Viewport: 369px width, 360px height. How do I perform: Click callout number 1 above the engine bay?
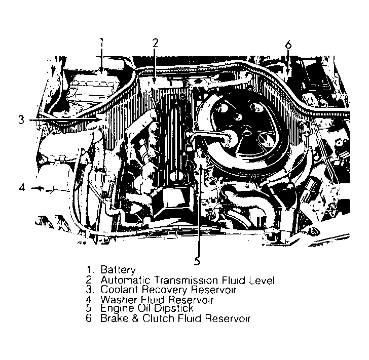[101, 43]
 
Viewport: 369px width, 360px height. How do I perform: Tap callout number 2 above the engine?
[156, 43]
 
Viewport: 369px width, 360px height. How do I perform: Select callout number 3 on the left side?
[21, 121]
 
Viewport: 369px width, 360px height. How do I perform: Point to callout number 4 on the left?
[21, 188]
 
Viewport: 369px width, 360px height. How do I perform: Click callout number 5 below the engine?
[197, 261]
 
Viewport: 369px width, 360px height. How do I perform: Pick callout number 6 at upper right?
[288, 44]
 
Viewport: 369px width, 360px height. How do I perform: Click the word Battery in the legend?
[118, 270]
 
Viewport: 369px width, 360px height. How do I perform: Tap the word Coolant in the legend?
[118, 290]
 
